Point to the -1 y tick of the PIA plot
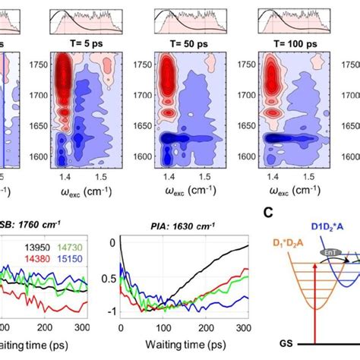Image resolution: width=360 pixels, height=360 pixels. (x=113, y=311)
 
